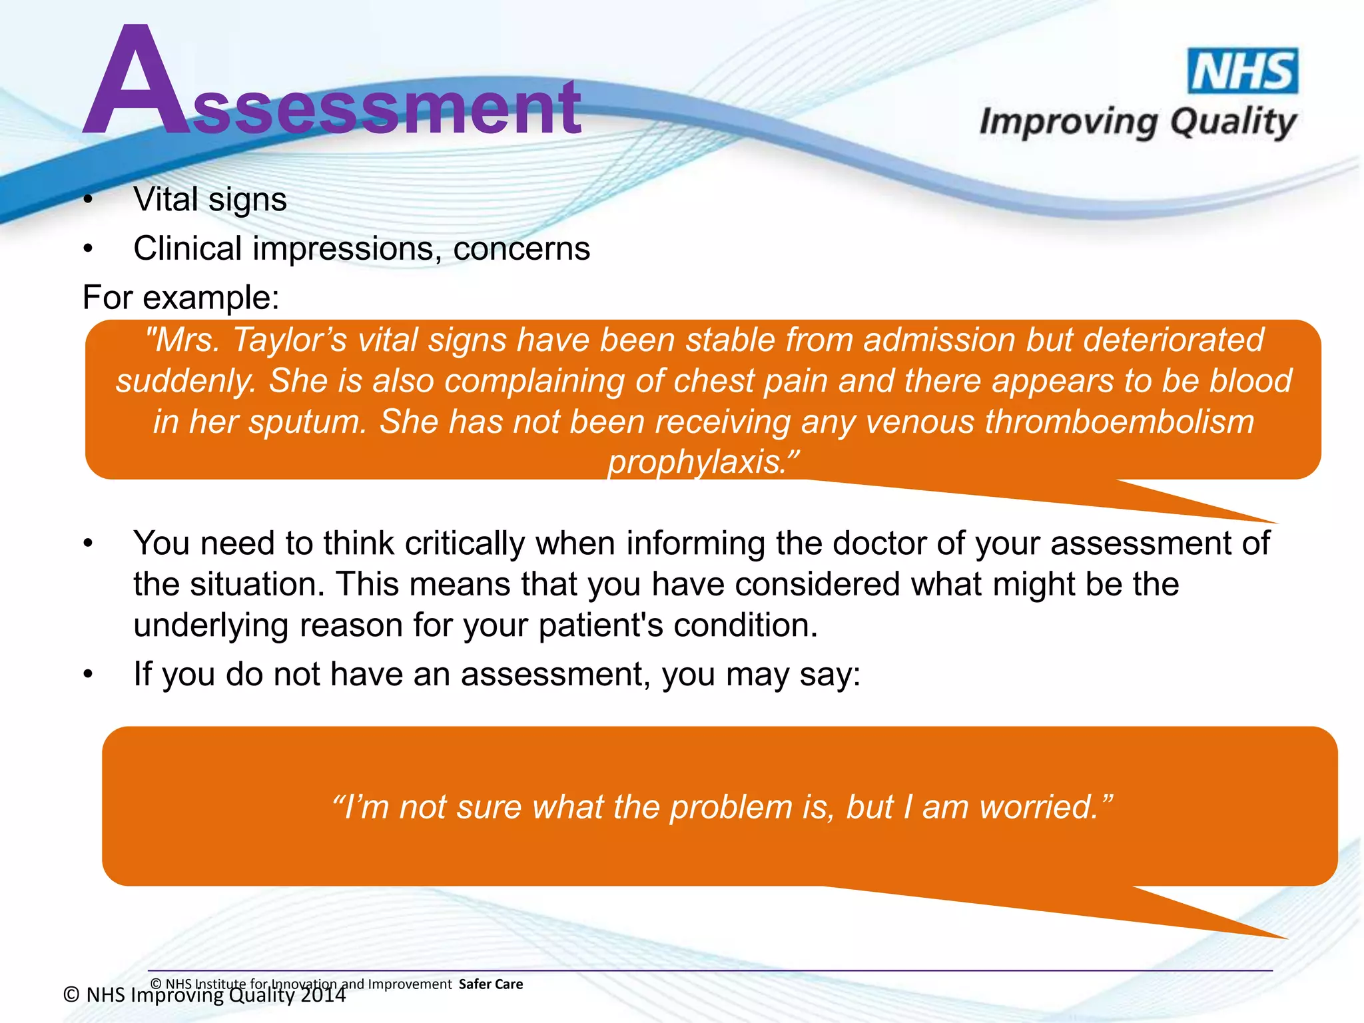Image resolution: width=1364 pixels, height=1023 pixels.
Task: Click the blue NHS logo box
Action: tap(1243, 71)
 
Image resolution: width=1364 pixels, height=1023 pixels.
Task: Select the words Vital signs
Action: tap(210, 199)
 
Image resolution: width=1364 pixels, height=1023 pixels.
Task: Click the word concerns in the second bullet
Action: tap(521, 248)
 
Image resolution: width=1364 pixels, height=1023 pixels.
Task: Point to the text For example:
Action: tap(180, 297)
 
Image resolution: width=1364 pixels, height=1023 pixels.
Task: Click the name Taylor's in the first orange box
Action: tap(289, 340)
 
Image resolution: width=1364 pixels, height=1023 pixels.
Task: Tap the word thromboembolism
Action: tap(1119, 422)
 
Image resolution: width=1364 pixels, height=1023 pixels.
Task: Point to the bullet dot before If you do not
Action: tap(88, 675)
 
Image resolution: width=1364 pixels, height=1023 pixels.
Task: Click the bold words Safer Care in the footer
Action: tap(491, 984)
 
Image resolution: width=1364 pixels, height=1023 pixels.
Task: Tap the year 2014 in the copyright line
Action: tap(322, 995)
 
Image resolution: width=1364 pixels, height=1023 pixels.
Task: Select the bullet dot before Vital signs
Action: tap(88, 200)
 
